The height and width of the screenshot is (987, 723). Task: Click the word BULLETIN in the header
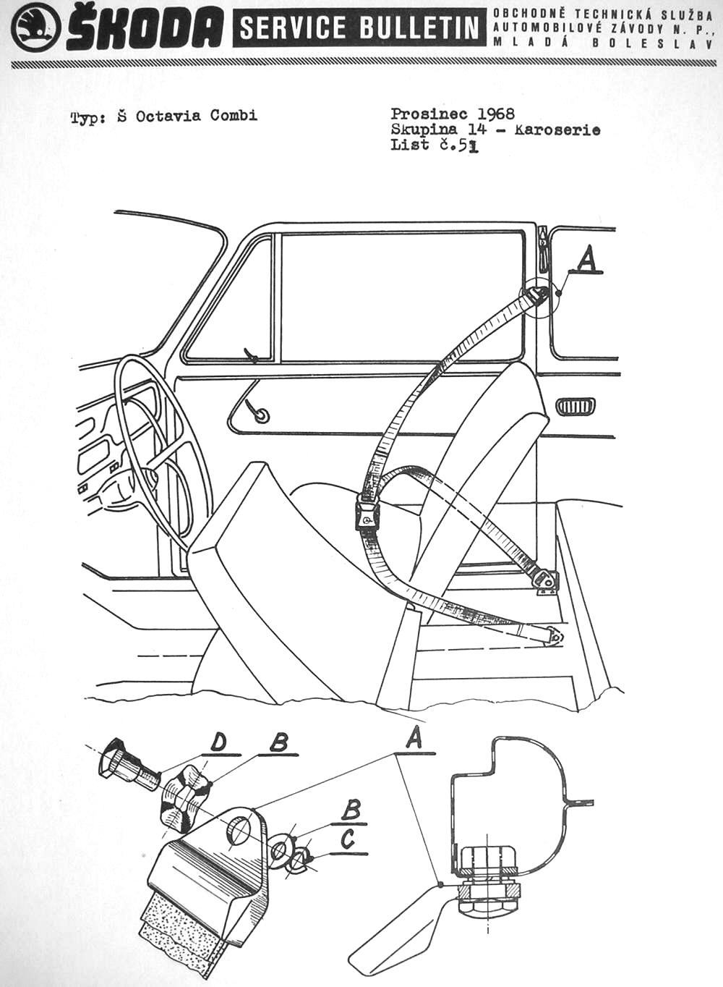click(419, 28)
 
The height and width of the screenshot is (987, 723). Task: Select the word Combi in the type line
click(234, 116)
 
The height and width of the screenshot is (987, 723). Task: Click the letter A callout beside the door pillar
click(588, 258)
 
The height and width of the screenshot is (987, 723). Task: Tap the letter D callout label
click(218, 742)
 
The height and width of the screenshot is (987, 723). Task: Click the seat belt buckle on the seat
click(367, 516)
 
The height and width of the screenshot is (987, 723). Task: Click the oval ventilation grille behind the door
click(576, 406)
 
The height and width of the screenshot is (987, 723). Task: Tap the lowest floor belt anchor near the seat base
click(554, 635)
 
